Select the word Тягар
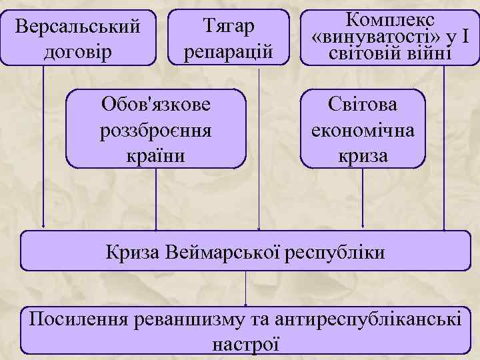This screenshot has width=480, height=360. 228,27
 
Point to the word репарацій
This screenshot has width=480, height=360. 228,50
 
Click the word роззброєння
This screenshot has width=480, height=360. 155,129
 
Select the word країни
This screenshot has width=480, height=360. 155,155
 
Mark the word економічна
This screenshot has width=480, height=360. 363,129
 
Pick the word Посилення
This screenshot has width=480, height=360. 78,318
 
